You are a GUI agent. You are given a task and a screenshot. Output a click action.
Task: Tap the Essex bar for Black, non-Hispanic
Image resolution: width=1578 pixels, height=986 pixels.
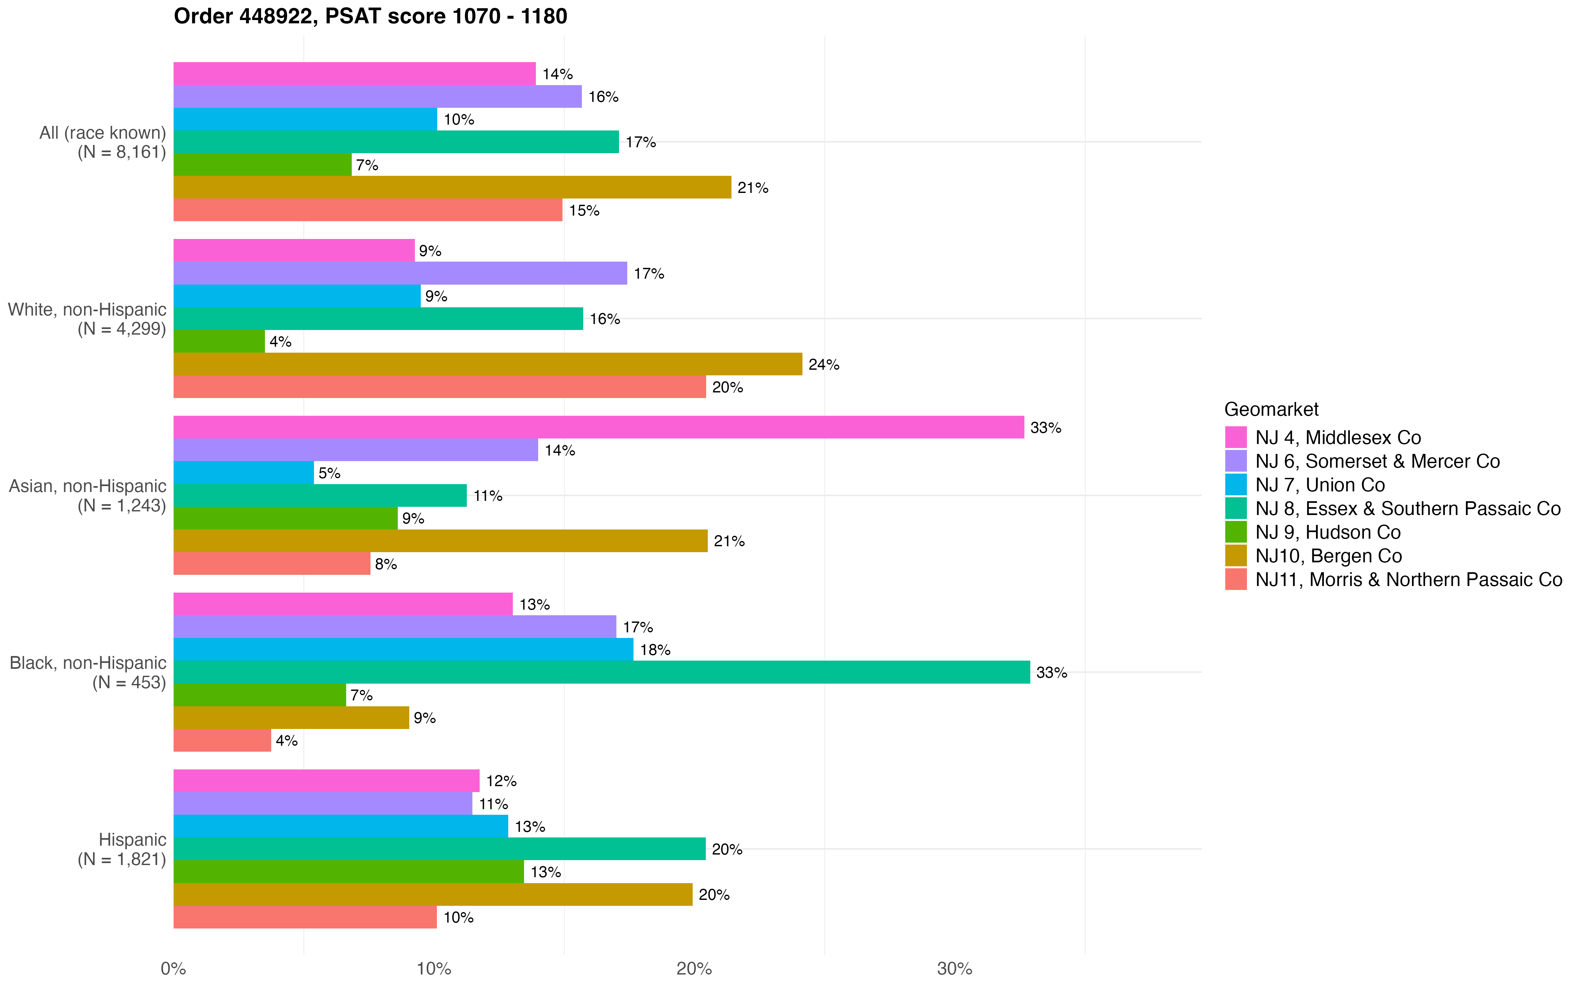click(601, 672)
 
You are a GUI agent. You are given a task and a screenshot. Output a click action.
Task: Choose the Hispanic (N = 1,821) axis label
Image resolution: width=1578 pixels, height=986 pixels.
click(122, 849)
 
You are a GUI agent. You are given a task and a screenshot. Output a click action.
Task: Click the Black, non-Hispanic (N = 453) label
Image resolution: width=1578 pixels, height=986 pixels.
click(88, 672)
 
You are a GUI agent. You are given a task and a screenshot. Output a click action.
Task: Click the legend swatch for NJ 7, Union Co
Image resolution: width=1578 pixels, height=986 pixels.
click(1236, 484)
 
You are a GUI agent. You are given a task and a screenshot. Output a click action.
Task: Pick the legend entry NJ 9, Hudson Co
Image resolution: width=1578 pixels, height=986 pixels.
click(1327, 532)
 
